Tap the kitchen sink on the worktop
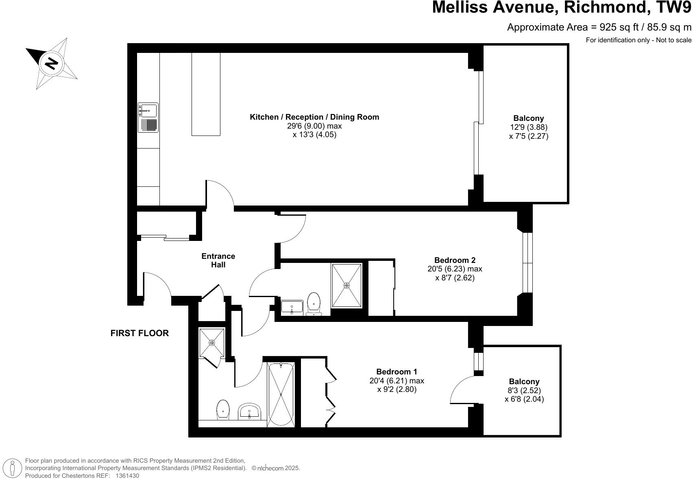click(148, 110)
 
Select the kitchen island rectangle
click(206, 94)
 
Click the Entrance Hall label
click(218, 260)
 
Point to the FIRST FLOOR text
click(139, 333)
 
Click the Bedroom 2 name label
click(455, 260)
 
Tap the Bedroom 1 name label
click(397, 372)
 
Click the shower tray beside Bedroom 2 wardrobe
click(346, 285)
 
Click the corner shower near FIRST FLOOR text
click(211, 343)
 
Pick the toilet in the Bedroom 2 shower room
click(314, 304)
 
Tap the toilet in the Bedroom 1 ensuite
click(223, 409)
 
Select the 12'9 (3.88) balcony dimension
click(528, 127)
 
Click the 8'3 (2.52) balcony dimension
click(524, 390)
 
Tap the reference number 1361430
click(127, 475)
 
